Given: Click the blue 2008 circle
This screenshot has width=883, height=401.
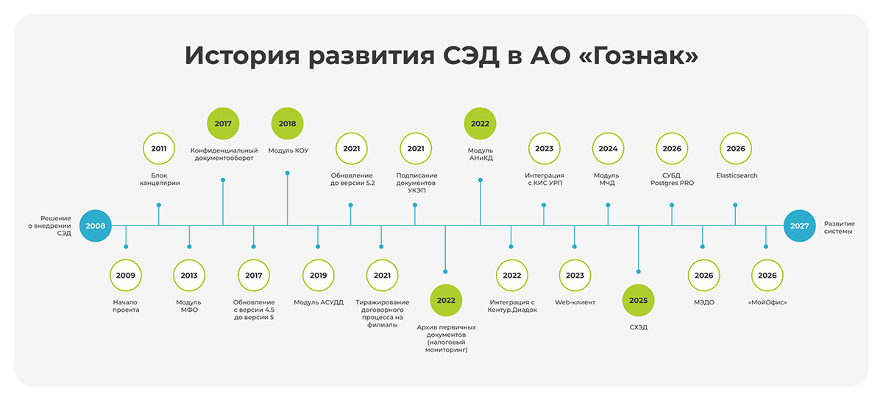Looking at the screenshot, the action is pos(96,226).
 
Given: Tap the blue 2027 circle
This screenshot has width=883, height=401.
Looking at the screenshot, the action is pos(799,226).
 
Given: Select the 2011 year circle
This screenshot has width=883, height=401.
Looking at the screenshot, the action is pos(159,149).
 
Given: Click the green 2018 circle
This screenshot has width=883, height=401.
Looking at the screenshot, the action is pos(288,124).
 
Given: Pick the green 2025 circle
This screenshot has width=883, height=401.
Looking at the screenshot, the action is pos(638,300).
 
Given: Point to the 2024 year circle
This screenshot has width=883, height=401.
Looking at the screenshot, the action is pos(608,149).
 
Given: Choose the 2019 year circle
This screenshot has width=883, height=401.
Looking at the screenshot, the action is pos(318,276).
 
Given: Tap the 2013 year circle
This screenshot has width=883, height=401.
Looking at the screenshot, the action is pos(189,276).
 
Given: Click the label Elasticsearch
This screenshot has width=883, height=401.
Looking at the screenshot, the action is pos(737,175).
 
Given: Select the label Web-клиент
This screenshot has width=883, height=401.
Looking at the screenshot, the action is pos(575,302).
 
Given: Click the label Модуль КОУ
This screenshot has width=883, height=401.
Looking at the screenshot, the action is pos(288,150).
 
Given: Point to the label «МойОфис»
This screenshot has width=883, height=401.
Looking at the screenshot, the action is pos(767,302).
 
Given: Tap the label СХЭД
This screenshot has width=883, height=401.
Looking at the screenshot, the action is pos(638,327).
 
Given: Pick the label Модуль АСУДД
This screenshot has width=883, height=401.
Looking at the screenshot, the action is pos(319,302).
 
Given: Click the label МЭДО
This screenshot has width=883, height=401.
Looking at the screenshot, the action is pos(704,302).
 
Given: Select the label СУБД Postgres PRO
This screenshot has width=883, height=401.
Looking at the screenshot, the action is pos(672,179).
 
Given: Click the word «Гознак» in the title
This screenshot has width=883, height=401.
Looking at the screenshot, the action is pos(639,56).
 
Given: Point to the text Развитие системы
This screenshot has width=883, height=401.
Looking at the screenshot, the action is pos(840,227).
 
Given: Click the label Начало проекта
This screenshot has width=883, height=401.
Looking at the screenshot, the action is pos(126,306).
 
